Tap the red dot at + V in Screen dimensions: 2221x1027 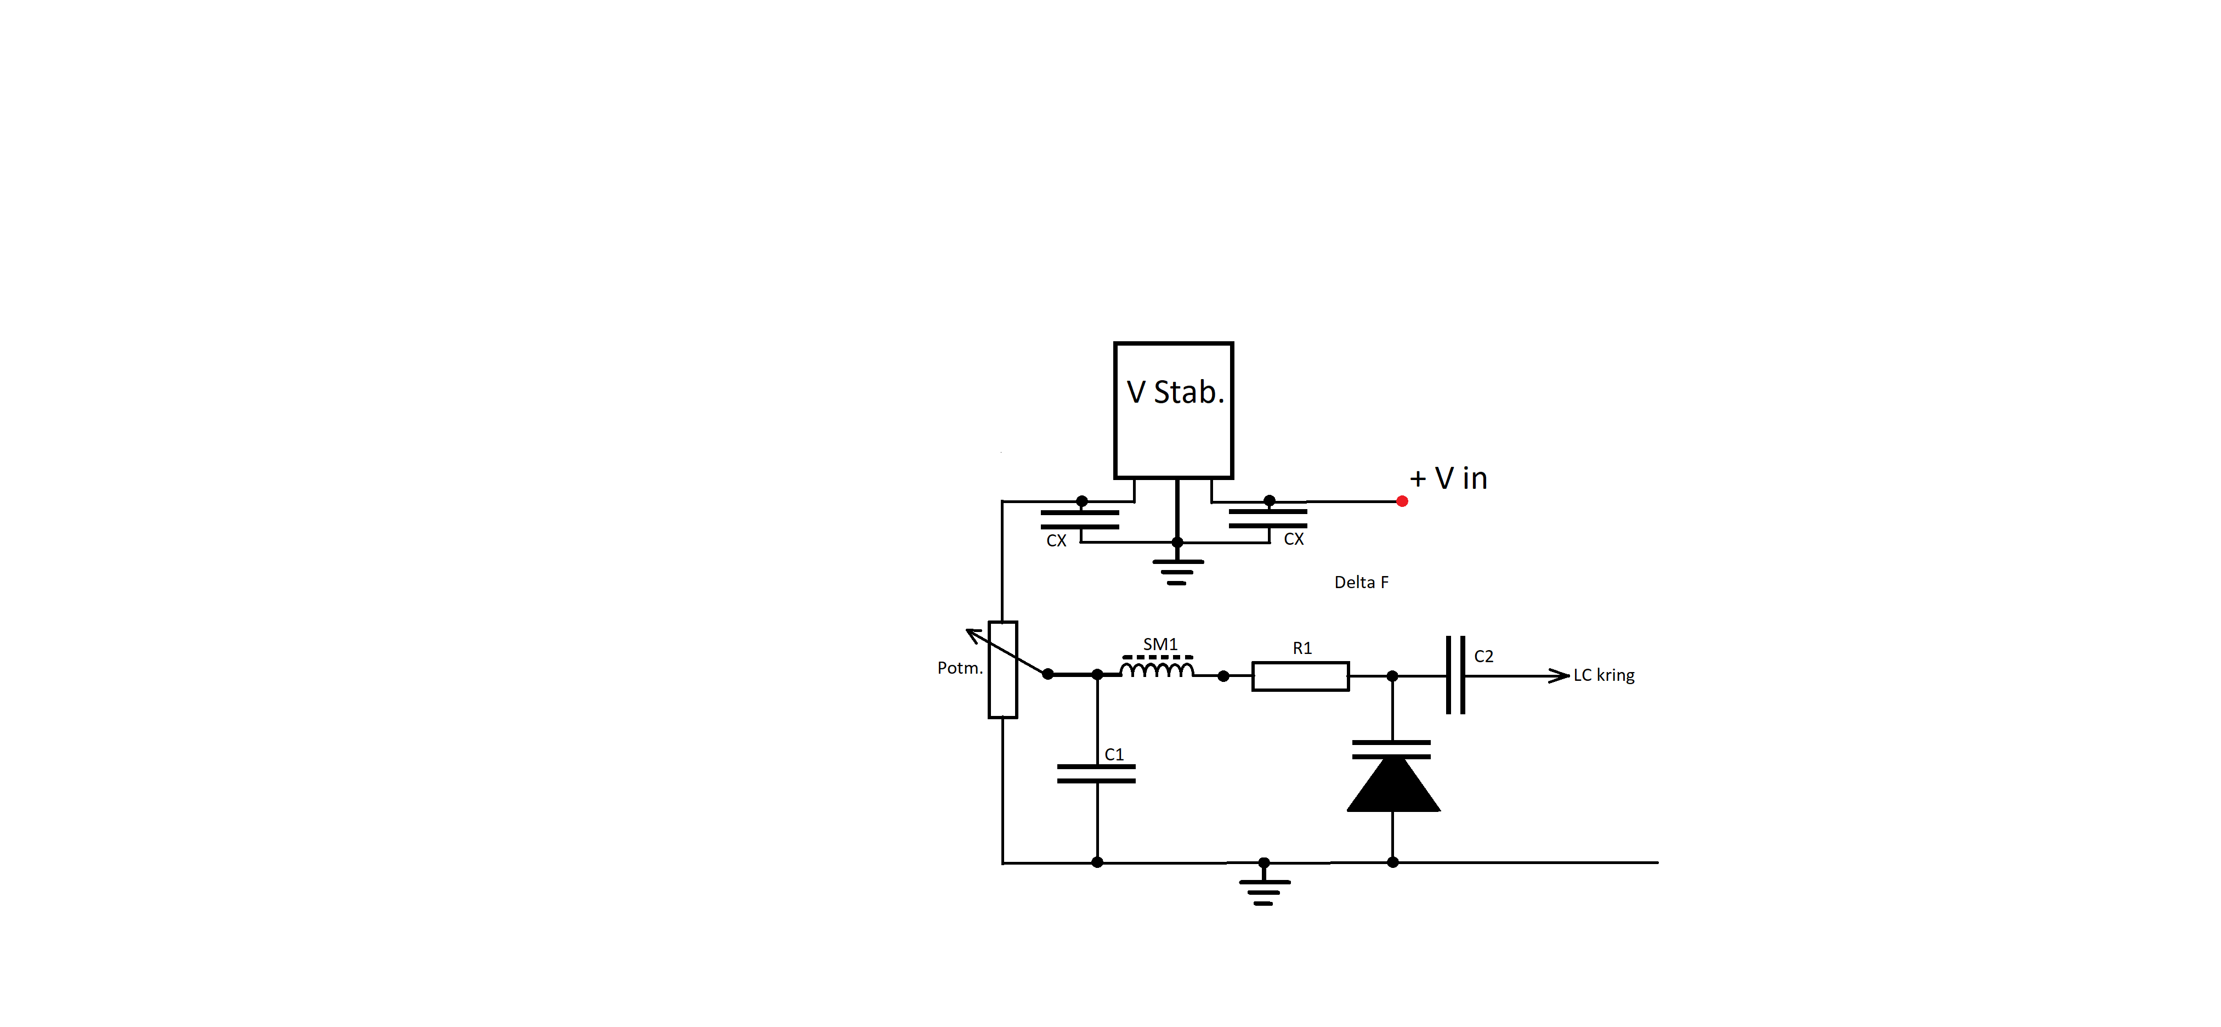(x=1402, y=501)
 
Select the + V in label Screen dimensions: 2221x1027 (x=1448, y=478)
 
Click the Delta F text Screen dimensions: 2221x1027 (x=1362, y=582)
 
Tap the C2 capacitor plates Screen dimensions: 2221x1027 (x=1455, y=675)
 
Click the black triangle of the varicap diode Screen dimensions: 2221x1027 (x=1393, y=784)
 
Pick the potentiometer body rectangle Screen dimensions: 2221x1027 (x=1002, y=669)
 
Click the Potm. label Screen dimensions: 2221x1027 (x=960, y=668)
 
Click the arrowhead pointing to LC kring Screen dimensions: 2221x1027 (x=1559, y=675)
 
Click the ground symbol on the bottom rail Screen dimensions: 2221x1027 (x=1264, y=891)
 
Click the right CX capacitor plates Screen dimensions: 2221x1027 (x=1267, y=518)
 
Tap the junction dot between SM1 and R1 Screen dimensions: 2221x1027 (x=1223, y=676)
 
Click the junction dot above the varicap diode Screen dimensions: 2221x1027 (x=1392, y=676)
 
